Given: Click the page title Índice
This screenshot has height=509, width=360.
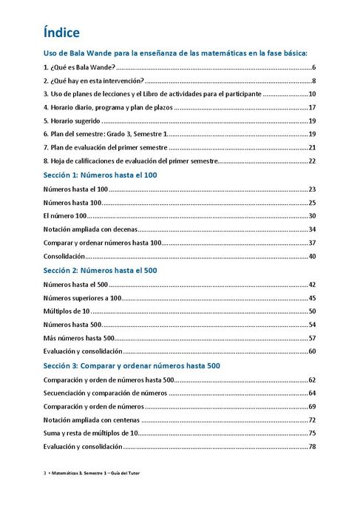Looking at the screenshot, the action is pos(61,33).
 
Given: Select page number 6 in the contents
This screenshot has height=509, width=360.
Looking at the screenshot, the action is pos(314,67).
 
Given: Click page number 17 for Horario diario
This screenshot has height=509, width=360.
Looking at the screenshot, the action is pos(312,107).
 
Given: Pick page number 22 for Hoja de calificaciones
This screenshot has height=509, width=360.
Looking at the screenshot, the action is pos(312,161).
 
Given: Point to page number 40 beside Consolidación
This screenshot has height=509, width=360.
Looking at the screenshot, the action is pos(312,257).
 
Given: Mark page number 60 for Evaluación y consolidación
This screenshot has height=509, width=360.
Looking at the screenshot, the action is pos(312,351).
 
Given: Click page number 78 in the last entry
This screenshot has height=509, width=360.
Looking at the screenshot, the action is pos(312,447).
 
